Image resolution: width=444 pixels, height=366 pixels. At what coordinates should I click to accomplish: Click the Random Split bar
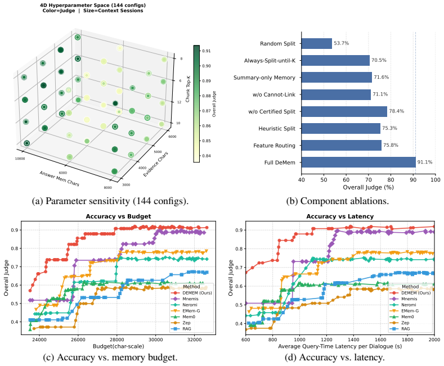coord(317,43)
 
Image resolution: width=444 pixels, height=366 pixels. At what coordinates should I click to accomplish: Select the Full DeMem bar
coord(358,162)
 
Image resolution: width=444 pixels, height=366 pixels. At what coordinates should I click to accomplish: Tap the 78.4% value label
coord(396,111)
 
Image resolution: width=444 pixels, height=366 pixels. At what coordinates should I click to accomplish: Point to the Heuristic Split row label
coord(277,128)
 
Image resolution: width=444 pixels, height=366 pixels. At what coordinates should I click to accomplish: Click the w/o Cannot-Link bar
coord(336,94)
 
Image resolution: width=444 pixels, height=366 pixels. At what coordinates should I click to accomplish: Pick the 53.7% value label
coord(341,43)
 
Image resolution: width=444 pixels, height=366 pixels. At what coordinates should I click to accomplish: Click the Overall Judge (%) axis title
coord(368,187)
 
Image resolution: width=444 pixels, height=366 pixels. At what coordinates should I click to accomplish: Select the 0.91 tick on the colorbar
coord(206,51)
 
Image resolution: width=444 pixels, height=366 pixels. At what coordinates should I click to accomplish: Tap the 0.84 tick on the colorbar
coord(206,156)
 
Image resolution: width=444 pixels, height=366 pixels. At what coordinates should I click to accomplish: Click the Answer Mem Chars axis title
coord(59,178)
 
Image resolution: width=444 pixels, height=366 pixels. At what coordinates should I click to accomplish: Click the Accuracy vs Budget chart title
coord(118,216)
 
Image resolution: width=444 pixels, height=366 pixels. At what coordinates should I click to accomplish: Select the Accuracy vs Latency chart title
coord(340,216)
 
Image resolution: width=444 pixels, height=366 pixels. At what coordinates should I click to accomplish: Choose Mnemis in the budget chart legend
coord(190,299)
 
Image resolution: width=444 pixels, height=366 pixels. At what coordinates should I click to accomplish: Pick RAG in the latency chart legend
coord(405,329)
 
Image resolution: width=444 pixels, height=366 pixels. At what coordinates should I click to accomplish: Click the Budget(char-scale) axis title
coord(118,346)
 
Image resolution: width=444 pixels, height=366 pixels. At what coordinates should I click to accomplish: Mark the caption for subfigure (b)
coord(337,201)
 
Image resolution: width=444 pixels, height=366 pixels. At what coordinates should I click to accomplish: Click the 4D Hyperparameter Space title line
coord(93,6)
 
